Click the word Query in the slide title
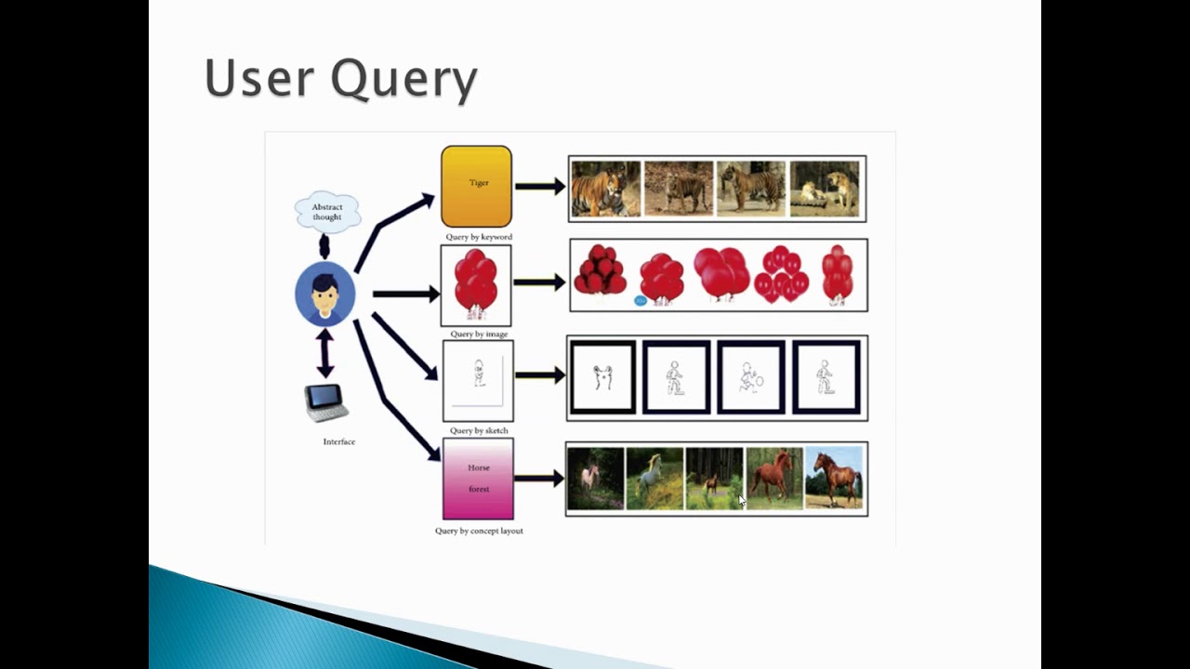(x=403, y=80)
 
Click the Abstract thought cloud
(x=326, y=212)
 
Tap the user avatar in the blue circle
(x=324, y=294)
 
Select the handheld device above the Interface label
(x=327, y=402)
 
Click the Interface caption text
(x=338, y=442)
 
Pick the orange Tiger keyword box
(x=476, y=186)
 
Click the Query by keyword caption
(x=478, y=237)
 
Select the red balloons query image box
(x=476, y=285)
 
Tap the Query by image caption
(x=478, y=334)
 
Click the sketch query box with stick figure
(x=478, y=380)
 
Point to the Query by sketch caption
(x=478, y=431)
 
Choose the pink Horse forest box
(x=478, y=479)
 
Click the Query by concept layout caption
(x=479, y=531)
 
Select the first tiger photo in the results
(x=605, y=189)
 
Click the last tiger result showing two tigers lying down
(x=824, y=189)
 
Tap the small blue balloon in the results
(x=641, y=300)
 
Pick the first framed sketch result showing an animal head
(x=602, y=377)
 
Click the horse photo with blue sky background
(x=834, y=478)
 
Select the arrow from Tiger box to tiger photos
(x=540, y=187)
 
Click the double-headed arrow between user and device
(x=324, y=353)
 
